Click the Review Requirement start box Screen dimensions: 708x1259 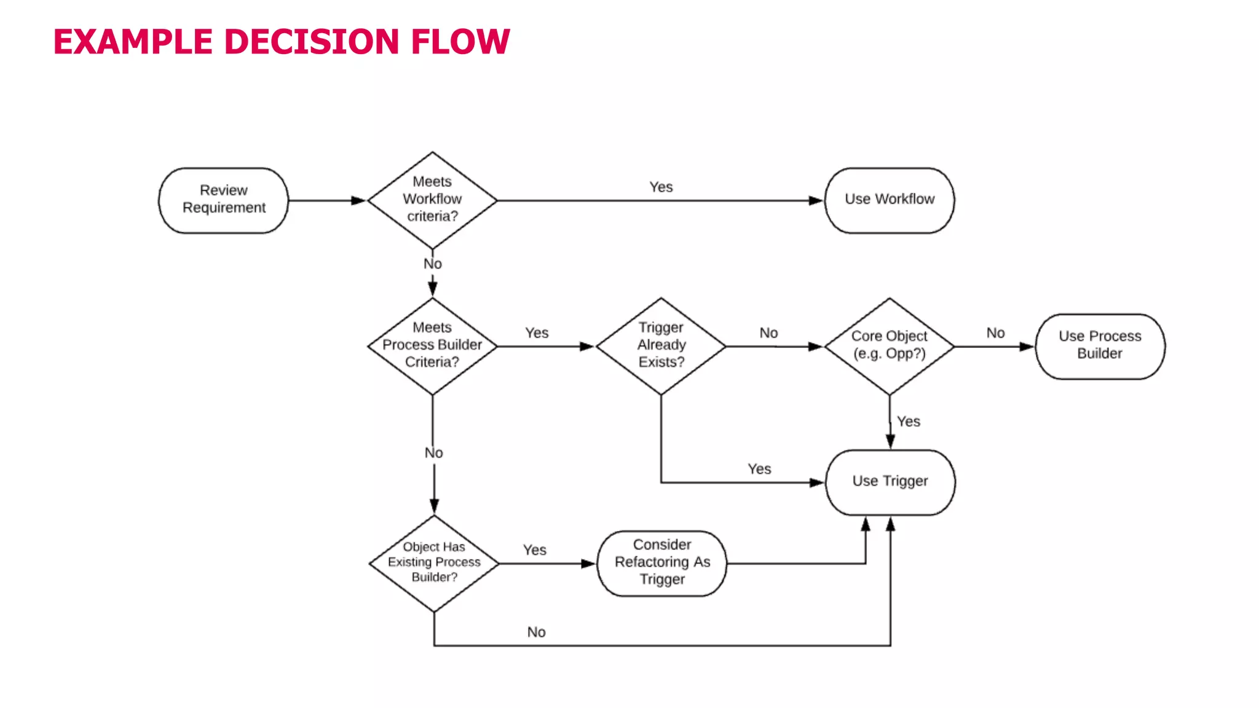pos(223,200)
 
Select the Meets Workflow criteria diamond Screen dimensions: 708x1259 pos(432,200)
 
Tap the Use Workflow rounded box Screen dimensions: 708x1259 pos(889,200)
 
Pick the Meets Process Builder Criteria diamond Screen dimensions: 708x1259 pos(432,345)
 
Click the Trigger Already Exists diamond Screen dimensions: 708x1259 pos(661,345)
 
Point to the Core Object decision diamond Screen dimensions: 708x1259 pos(889,345)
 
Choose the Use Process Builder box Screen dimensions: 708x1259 pos(1099,345)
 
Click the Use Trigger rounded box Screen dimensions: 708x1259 pos(890,481)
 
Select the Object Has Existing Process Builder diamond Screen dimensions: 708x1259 pos(434,562)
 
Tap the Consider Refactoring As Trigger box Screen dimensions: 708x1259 pos(661,562)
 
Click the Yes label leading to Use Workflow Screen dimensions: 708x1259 pos(661,187)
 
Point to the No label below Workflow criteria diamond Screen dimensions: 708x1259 pos(432,264)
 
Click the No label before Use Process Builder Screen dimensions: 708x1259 pos(995,333)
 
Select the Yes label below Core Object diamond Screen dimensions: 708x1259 pos(908,422)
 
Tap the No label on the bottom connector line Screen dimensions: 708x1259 pos(536,632)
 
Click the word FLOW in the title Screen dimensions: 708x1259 pos(460,42)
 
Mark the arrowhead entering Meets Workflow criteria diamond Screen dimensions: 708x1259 pos(358,200)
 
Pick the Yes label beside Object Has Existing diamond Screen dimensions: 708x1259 pos(534,550)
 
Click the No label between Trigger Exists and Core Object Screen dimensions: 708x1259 pos(768,333)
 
